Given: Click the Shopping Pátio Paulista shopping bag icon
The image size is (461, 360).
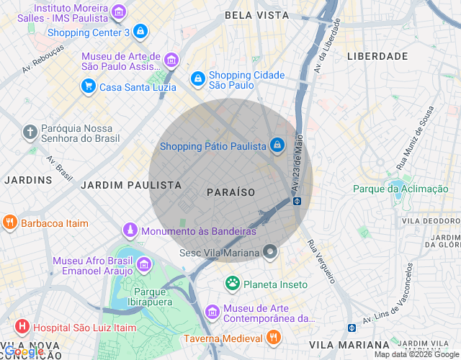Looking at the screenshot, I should (x=277, y=146).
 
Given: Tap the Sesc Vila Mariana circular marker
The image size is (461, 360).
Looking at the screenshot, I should (x=270, y=252).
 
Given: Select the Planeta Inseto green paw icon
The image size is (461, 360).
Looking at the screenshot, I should (x=232, y=284).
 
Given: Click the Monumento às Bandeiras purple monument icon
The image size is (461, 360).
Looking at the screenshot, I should (x=130, y=231).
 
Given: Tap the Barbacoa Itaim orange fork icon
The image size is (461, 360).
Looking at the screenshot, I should (x=10, y=222).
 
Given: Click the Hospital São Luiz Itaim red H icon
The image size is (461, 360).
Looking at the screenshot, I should (x=22, y=327).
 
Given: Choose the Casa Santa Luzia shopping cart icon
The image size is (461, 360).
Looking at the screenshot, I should (x=88, y=87).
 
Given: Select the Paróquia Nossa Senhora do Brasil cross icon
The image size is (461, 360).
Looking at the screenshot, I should (x=30, y=132).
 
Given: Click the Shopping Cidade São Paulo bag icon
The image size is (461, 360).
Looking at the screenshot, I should (x=197, y=78).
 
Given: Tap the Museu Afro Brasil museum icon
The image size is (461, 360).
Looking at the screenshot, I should (x=143, y=265).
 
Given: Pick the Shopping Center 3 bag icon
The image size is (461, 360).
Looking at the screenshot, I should (x=140, y=32).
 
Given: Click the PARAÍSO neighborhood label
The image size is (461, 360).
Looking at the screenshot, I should (x=230, y=192).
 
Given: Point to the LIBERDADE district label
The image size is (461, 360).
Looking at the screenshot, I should (x=377, y=55).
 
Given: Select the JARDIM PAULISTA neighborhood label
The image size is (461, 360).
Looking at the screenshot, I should (x=131, y=185).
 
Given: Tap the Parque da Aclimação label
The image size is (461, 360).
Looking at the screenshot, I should (x=400, y=189).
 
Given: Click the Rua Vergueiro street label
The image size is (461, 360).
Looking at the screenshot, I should (x=321, y=261).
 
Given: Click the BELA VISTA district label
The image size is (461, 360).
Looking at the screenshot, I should (x=256, y=14).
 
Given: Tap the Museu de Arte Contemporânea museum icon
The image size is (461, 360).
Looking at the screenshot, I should (x=212, y=312).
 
